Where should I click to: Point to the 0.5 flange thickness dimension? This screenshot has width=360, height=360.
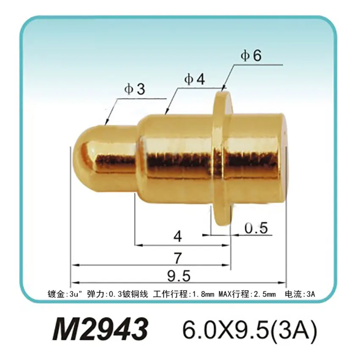tap(256, 228)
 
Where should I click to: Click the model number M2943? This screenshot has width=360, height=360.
tap(100, 328)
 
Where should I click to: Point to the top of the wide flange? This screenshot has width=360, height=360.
tap(223, 94)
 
